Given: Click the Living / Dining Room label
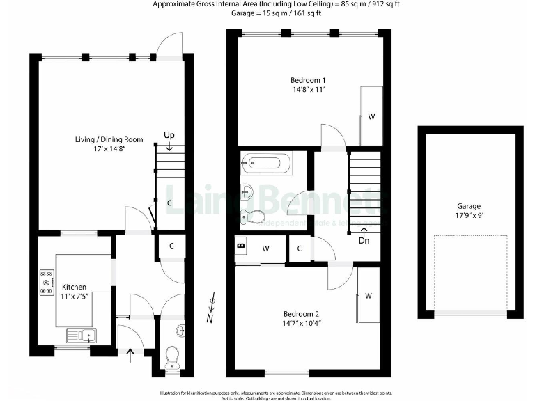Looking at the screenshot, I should tap(109, 140).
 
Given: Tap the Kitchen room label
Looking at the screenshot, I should tap(75, 287).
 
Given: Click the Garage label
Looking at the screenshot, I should tap(469, 206).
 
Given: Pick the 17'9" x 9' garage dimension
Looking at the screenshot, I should tap(469, 216).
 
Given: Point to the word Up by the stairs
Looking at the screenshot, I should tap(169, 134).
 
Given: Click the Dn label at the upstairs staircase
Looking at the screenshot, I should tap(364, 241).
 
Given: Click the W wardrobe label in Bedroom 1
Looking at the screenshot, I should tap(371, 117).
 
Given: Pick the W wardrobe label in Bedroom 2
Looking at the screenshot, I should tap(369, 296).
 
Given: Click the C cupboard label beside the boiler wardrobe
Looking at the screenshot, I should tap(300, 248).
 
